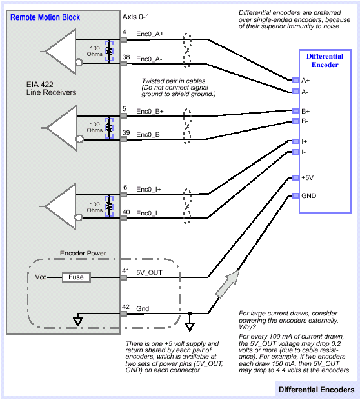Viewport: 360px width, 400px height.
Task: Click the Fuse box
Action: (x=76, y=277)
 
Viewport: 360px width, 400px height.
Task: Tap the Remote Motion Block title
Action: (x=45, y=17)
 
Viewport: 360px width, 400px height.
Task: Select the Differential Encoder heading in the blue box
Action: (x=325, y=61)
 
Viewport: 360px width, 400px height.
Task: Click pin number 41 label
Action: (x=125, y=271)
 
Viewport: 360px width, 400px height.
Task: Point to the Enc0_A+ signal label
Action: (x=150, y=34)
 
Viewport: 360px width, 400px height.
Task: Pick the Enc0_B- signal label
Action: (x=149, y=134)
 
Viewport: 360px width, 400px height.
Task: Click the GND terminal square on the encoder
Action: (x=295, y=195)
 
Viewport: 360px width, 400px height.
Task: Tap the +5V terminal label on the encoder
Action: (x=308, y=178)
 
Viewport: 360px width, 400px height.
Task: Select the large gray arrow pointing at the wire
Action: (x=227, y=283)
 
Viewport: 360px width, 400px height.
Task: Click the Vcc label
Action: (x=41, y=277)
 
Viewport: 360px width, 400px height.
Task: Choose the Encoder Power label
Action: (x=83, y=254)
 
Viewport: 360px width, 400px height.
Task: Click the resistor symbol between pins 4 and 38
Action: (x=109, y=51)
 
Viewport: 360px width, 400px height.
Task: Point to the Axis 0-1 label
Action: (x=135, y=17)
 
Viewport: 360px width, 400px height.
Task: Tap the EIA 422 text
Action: (x=40, y=85)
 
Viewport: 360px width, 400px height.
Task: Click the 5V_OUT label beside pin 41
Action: (x=149, y=273)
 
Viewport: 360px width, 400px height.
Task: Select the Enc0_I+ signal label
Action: (x=148, y=189)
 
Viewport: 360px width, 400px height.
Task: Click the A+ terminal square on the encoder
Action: (x=295, y=81)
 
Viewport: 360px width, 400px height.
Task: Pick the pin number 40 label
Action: (x=126, y=212)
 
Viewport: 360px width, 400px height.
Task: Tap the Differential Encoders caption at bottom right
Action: (x=316, y=390)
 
